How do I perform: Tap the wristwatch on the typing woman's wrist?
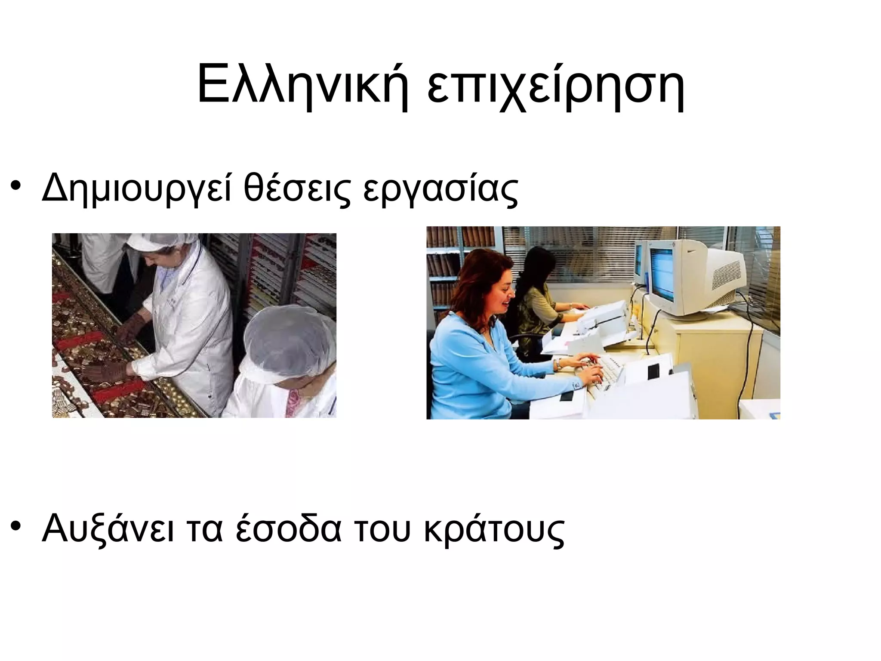(558, 365)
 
